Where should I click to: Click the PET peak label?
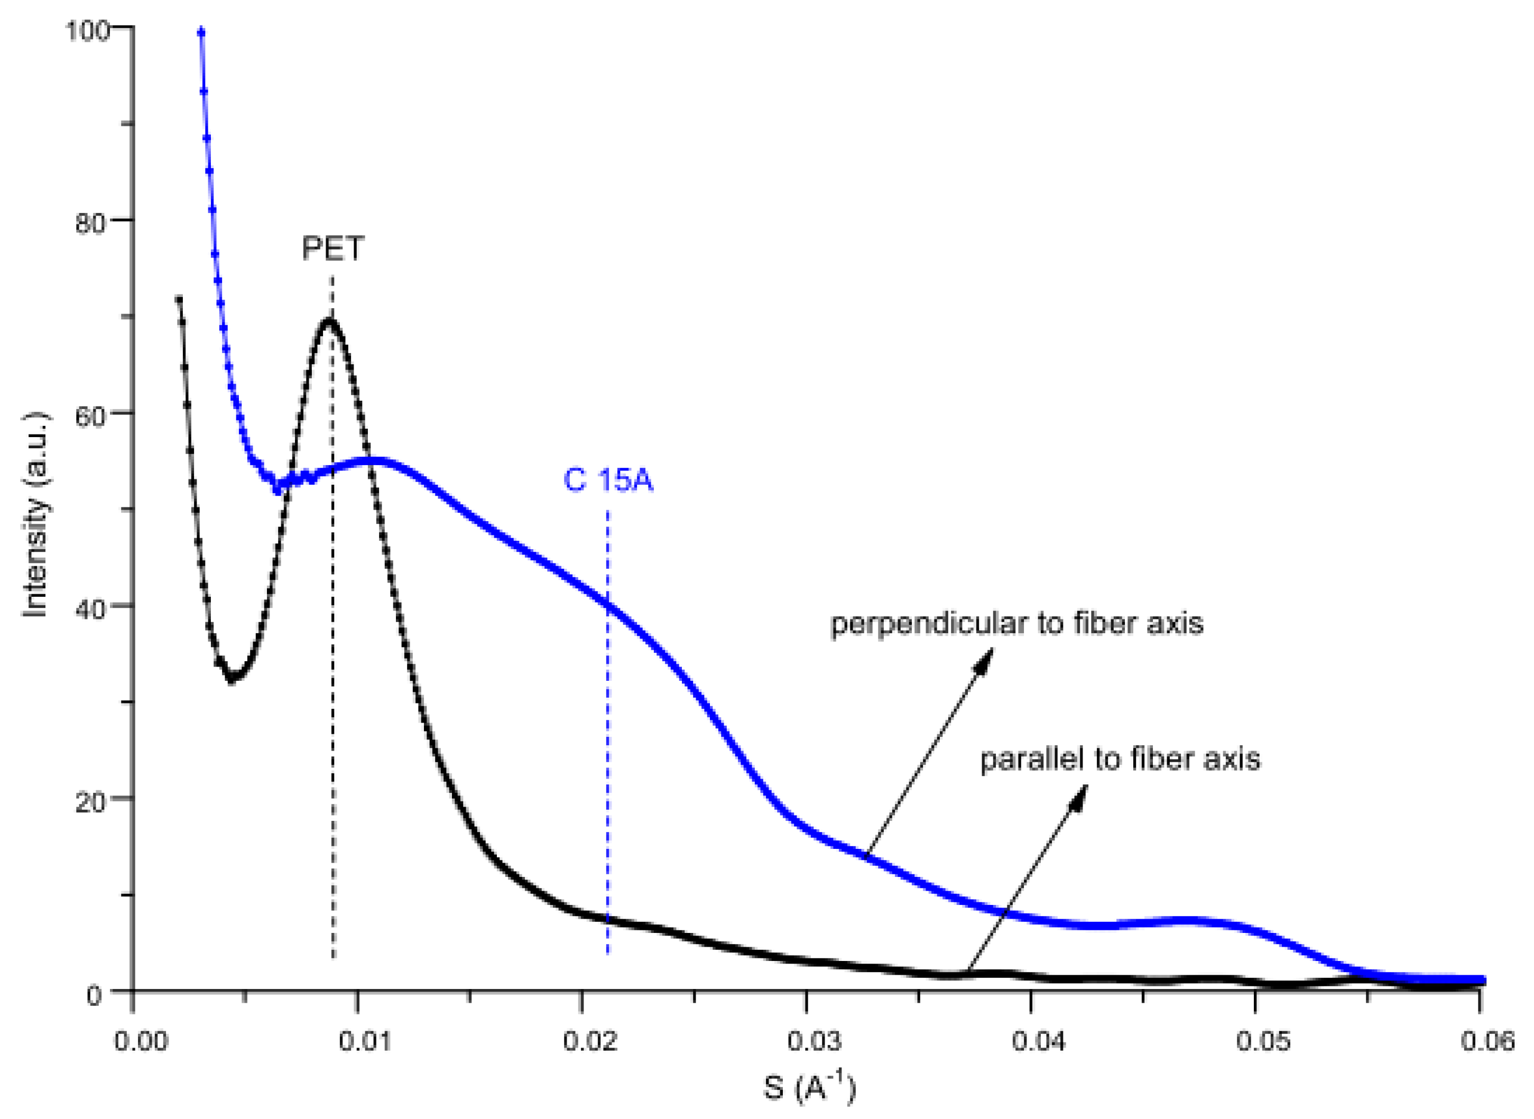click(x=332, y=248)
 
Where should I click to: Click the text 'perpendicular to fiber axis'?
click(x=1016, y=623)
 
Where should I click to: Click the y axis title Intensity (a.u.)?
click(x=35, y=515)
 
